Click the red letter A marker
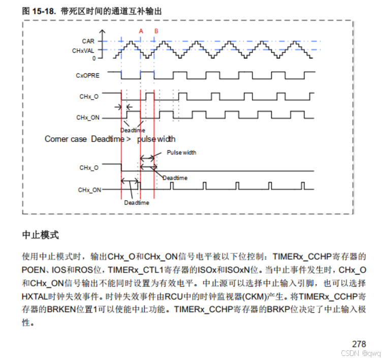point(141,31)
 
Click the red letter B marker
point(156,31)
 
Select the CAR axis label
point(88,41)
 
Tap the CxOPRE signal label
point(87,75)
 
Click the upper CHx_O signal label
point(89,96)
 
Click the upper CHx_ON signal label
point(88,118)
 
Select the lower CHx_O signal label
point(89,167)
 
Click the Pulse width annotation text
point(181,153)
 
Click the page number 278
point(359,344)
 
